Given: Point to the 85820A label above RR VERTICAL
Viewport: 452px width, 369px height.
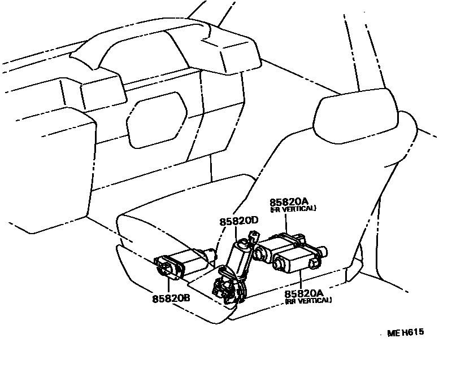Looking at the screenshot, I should pyautogui.click(x=303, y=293).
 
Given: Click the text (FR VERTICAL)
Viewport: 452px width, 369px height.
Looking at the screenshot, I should pyautogui.click(x=293, y=209).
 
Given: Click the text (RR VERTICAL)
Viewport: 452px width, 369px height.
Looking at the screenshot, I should pyautogui.click(x=308, y=300).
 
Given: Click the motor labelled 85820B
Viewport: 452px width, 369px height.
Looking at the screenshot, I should pyautogui.click(x=181, y=264).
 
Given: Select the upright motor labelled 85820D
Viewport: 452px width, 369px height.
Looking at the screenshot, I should pyautogui.click(x=241, y=256).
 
